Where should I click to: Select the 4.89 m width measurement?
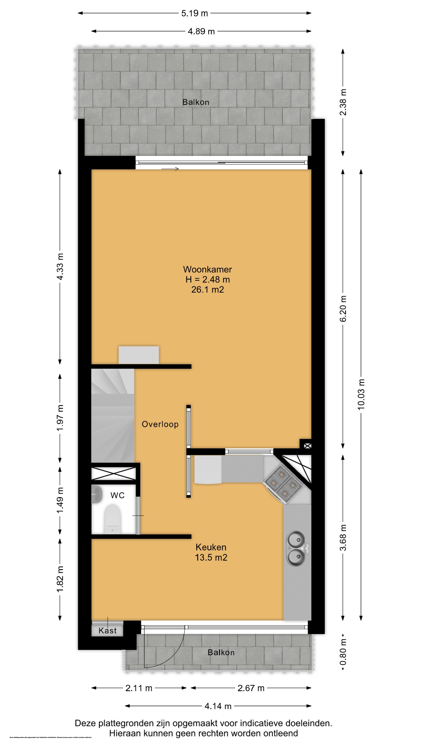point(201,31)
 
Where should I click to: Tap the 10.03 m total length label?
point(361,394)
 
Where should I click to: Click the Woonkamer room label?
point(207,269)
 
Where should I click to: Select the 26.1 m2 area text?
point(207,289)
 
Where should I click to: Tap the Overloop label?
point(160,424)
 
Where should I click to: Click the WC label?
point(117,495)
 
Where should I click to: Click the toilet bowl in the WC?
point(112,518)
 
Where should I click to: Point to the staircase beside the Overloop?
point(112,415)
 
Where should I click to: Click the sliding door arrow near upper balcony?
point(170,169)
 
